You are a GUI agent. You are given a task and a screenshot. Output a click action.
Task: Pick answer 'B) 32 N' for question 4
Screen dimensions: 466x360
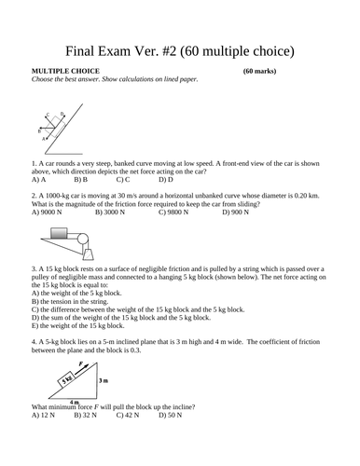pyautogui.click(x=90, y=417)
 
